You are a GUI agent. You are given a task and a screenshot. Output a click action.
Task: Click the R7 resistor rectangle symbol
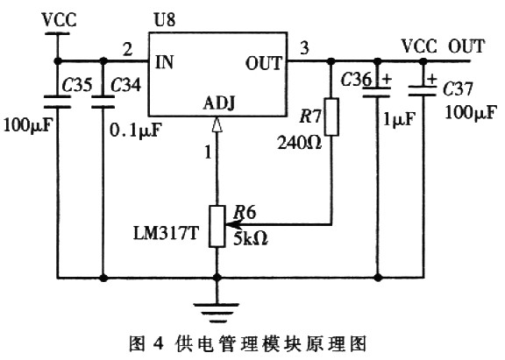coord(331,116)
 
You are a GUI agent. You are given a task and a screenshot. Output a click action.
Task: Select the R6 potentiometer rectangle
coord(217,227)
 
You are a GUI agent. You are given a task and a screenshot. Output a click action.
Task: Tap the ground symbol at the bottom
coord(217,313)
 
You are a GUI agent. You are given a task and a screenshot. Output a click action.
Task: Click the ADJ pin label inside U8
coord(218,103)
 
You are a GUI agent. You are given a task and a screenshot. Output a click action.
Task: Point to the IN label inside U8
coord(164,62)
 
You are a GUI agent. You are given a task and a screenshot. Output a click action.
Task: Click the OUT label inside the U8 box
coord(263,63)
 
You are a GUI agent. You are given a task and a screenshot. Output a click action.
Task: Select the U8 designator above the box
coord(165,19)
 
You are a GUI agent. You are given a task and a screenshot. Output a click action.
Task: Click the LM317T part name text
coord(167,233)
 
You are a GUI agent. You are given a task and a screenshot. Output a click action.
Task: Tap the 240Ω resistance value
coord(300,142)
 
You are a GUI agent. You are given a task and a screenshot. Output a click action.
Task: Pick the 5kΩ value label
coord(251,238)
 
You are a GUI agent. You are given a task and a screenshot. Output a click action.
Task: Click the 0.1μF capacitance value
coord(135,130)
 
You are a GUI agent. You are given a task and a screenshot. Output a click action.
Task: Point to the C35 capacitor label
coord(77,85)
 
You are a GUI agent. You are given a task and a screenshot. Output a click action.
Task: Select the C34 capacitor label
coord(125,85)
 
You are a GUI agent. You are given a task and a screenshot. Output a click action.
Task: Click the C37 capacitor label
coord(458,88)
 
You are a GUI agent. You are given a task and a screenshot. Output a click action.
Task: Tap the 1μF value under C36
coord(399,119)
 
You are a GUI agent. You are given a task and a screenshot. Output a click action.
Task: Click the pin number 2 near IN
coord(128,49)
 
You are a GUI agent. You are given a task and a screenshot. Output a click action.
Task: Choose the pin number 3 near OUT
coord(304,48)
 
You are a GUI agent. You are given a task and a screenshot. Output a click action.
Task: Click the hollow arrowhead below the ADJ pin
coord(217,124)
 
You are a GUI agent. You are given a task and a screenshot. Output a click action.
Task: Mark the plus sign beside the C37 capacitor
coord(432,79)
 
